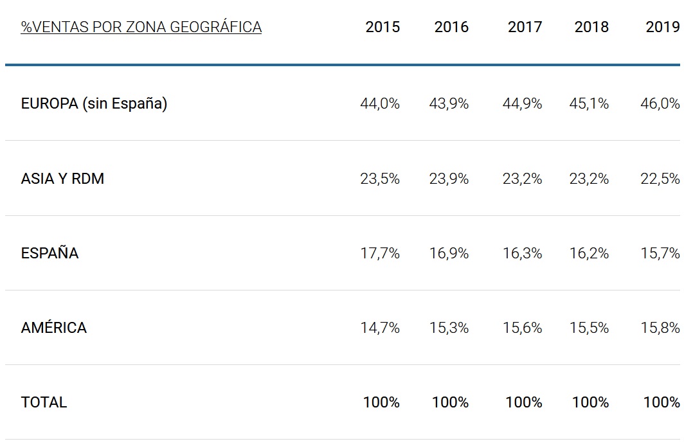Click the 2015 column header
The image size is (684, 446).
382,27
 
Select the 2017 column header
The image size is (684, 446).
525,27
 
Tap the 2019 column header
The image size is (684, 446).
662,27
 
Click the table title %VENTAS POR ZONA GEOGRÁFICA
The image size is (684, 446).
141,27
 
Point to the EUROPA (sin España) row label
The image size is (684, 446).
94,103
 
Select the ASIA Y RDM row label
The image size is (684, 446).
62,179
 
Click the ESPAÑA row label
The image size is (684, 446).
50,253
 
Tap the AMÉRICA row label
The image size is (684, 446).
53,328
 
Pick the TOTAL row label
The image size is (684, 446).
44,402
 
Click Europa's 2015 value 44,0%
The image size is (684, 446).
380,103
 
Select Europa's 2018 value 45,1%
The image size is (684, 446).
589,103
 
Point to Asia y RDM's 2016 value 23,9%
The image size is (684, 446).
449,179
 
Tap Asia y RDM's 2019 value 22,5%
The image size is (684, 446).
660,179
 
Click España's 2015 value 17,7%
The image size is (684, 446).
380,253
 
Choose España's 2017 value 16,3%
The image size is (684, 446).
522,253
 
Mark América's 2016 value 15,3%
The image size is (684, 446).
449,328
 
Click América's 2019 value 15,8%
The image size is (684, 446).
660,328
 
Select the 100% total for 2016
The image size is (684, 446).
450,402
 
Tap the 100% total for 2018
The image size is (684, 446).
590,402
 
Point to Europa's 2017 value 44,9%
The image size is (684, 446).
522,103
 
